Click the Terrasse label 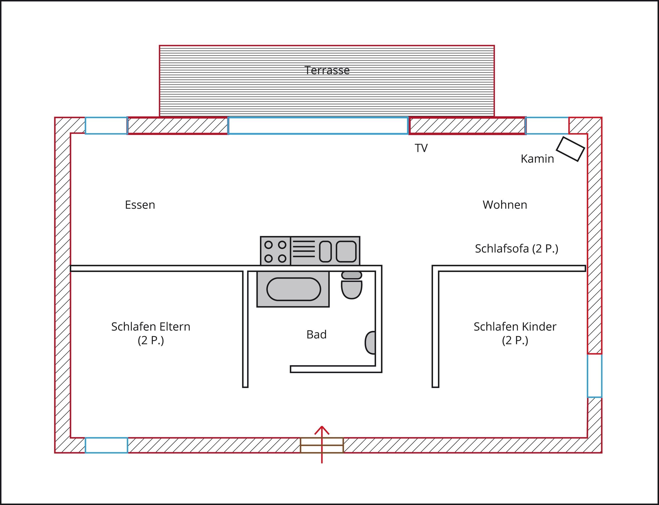pos(327,70)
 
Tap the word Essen pos(140,205)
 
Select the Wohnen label pos(505,205)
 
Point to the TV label pos(421,148)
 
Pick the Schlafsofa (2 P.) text pos(516,249)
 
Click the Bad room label pos(316,334)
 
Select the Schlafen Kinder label pos(515,327)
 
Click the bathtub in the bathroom pos(293,289)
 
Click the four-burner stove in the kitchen pos(275,251)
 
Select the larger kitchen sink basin pos(346,251)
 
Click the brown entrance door pos(322,445)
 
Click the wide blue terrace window pos(318,125)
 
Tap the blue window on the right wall pos(594,376)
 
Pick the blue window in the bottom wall pos(106,445)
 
